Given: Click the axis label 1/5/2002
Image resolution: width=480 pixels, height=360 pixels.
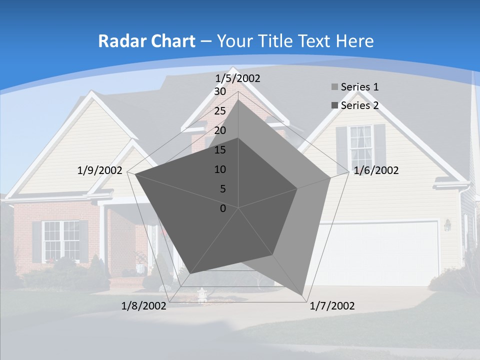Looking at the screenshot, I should (x=238, y=78).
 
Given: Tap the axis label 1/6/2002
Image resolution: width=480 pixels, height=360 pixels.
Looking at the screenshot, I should (x=376, y=170).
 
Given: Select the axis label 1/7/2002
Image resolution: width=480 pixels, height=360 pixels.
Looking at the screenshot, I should (x=332, y=305).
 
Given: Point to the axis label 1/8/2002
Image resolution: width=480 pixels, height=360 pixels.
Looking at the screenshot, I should (x=144, y=305).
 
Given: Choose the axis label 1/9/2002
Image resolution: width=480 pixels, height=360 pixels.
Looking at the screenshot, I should (x=100, y=170).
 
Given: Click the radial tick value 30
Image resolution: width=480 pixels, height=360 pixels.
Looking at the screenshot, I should (x=220, y=91).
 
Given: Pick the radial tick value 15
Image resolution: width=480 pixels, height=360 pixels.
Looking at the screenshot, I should (x=220, y=150).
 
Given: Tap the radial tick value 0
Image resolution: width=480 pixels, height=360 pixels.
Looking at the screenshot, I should (x=223, y=208).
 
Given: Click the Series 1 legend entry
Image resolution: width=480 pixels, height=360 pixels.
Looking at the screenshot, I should (x=359, y=87).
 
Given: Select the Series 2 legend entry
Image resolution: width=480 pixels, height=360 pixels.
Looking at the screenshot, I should (x=359, y=105).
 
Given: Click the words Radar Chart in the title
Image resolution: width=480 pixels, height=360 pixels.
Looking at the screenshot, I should (x=146, y=41).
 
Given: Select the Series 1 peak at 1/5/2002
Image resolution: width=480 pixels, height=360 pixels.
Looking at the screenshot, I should (x=238, y=99).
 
